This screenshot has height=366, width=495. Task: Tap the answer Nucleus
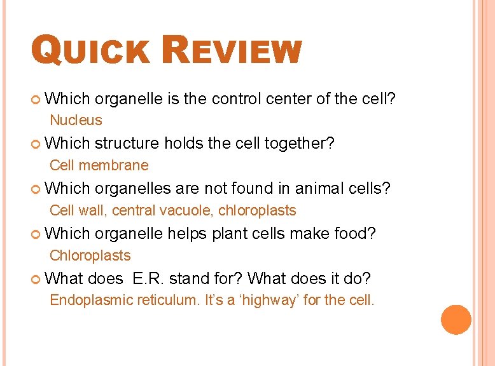76,120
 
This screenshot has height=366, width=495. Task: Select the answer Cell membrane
99,165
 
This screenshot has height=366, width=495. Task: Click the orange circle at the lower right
456,320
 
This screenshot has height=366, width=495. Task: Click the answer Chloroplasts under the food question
90,255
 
